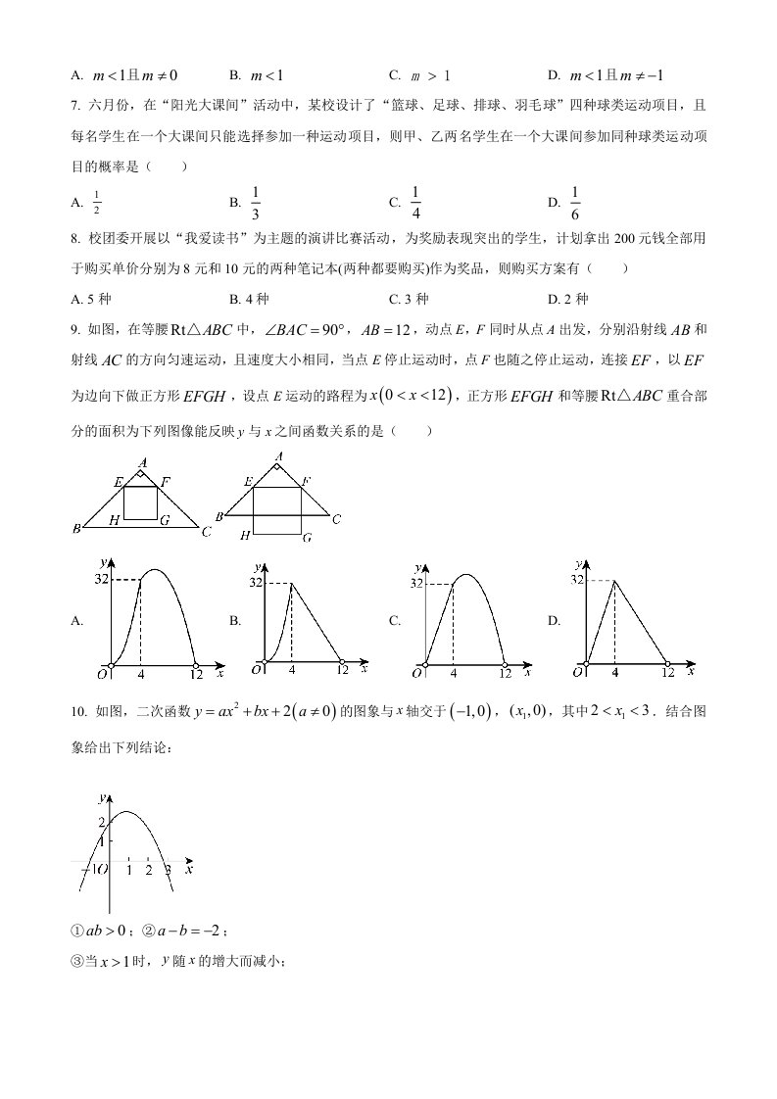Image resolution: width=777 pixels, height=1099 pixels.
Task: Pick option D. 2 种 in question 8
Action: (x=568, y=299)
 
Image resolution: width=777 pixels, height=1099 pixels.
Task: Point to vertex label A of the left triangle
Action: (x=143, y=461)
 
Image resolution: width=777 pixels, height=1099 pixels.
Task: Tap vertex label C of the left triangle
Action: (x=206, y=532)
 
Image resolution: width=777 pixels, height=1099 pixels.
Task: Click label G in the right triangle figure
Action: (x=306, y=538)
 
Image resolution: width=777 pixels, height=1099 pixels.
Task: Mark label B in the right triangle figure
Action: (x=220, y=516)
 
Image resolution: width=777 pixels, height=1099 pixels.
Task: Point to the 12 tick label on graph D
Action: (x=668, y=672)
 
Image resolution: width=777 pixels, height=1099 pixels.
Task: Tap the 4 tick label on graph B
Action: (x=291, y=670)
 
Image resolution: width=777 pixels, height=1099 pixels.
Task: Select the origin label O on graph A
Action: (x=100, y=673)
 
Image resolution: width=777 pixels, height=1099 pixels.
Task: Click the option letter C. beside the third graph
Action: (x=394, y=621)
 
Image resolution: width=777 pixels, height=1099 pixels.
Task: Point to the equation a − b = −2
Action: (x=192, y=931)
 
